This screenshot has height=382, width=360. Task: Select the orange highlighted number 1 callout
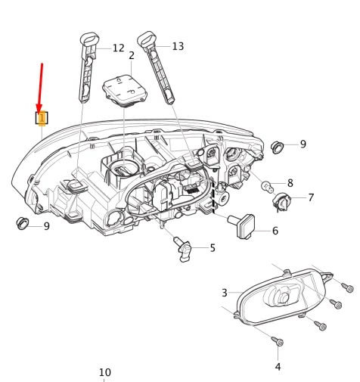click(x=42, y=118)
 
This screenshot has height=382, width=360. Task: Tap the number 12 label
click(x=118, y=48)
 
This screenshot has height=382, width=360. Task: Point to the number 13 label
click(x=178, y=46)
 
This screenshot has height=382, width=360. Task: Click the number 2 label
click(x=132, y=56)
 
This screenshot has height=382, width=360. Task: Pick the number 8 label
click(x=290, y=183)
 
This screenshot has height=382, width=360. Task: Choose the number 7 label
click(x=310, y=197)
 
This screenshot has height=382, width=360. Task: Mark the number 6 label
click(x=275, y=231)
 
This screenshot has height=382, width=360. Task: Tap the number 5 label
click(x=213, y=247)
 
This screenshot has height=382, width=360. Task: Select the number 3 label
click(x=224, y=293)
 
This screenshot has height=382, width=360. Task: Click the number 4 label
click(x=278, y=367)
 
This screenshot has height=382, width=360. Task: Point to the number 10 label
click(x=104, y=372)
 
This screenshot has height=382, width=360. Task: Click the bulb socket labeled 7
click(x=283, y=201)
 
